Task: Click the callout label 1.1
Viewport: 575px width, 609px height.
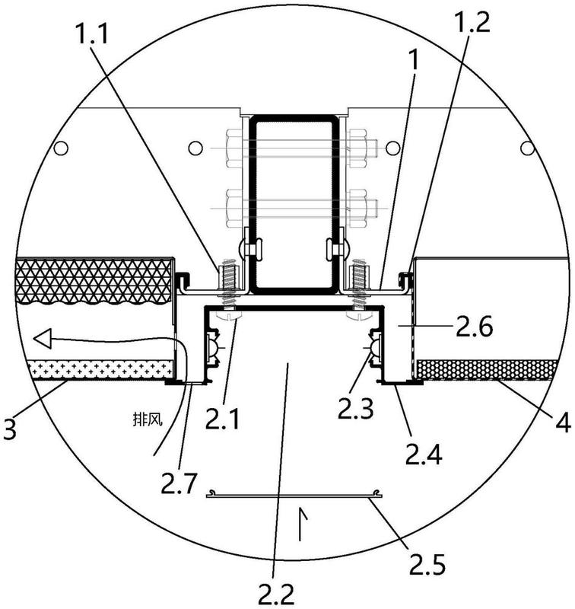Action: click(92, 34)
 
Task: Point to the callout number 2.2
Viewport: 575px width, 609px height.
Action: click(276, 594)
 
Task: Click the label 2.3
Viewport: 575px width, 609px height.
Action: click(355, 408)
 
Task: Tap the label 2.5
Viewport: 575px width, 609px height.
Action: click(427, 563)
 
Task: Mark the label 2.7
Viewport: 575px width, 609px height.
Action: click(179, 483)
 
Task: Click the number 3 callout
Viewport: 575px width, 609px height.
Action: click(11, 428)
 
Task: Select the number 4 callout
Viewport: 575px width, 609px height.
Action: click(563, 422)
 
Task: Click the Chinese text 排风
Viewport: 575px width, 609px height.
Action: click(147, 419)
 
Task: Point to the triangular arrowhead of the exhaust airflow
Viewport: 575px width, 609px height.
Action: click(43, 339)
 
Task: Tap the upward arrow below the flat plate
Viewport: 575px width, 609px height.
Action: click(300, 523)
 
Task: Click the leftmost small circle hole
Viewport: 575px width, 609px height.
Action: click(61, 148)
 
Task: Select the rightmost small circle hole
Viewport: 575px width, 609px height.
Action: click(527, 148)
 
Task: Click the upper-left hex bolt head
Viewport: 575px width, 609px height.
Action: click(234, 148)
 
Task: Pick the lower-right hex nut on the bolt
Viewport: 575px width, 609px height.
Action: click(357, 208)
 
